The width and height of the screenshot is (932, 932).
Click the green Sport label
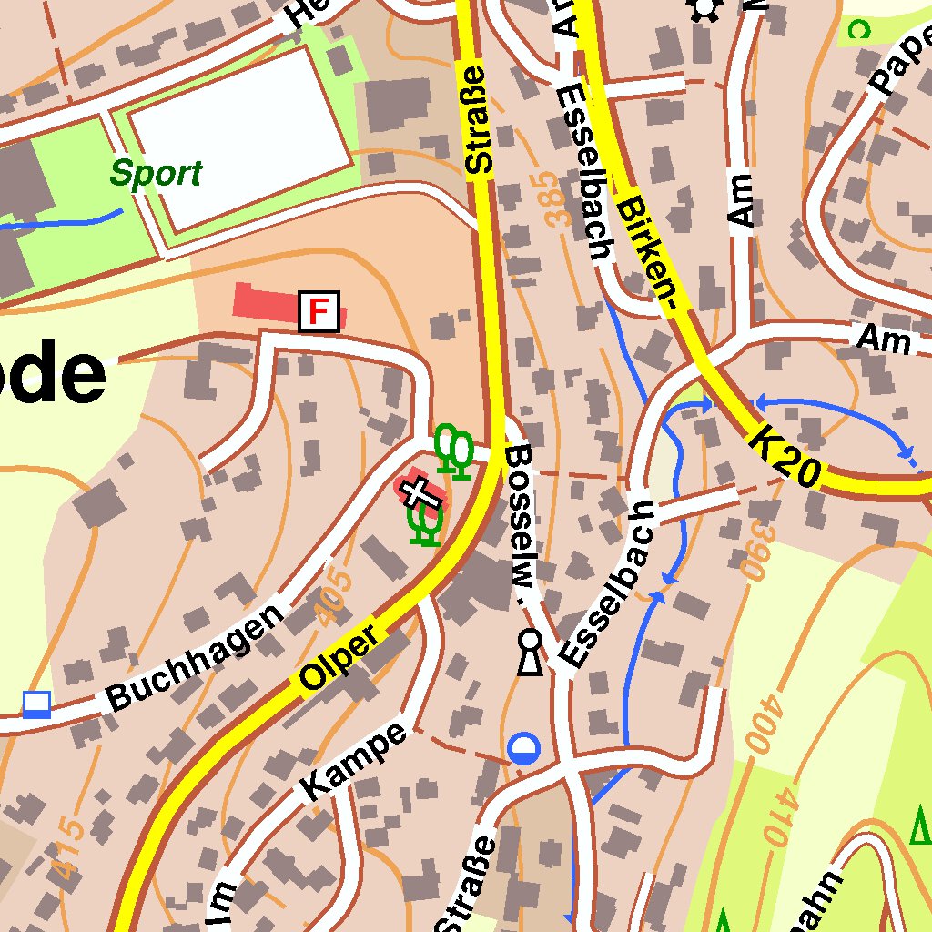pos(156,173)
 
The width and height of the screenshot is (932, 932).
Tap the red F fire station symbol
pos(319,311)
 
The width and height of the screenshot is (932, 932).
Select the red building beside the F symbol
pos(265,302)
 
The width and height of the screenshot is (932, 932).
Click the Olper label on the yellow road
pos(339,656)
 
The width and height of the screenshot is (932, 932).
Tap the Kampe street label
pos(355,763)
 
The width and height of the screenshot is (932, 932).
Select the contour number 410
pos(780,816)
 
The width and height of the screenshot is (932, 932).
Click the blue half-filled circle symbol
pos(524,749)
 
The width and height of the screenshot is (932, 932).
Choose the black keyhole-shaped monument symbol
pos(530,653)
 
